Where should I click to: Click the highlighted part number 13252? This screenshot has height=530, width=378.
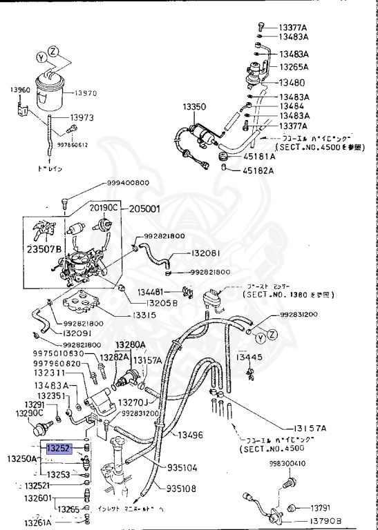point(59,447)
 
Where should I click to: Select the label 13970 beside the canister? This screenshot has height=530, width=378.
point(87,92)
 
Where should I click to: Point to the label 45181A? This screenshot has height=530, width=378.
point(258,157)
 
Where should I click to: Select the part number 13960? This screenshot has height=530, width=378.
point(20,90)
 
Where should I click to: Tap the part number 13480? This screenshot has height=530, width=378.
point(293,81)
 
